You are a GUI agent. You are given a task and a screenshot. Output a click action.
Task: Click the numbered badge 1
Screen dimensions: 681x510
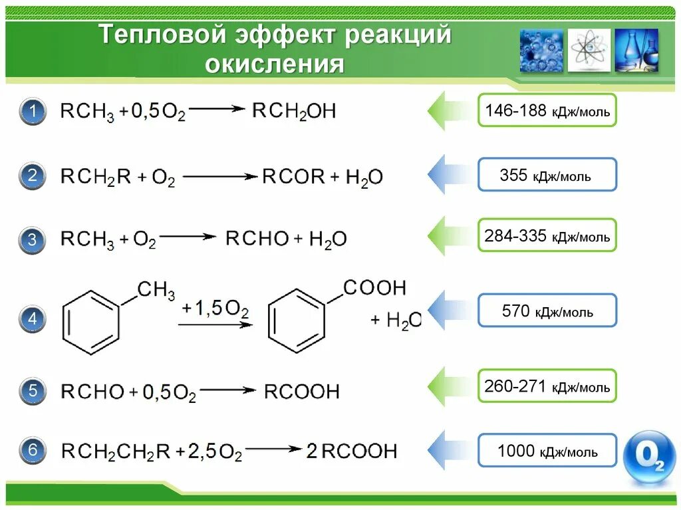(x=32, y=112)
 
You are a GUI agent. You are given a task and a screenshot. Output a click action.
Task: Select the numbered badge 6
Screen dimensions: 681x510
(x=32, y=451)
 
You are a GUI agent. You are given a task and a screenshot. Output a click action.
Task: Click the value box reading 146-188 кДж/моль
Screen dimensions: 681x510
(x=547, y=110)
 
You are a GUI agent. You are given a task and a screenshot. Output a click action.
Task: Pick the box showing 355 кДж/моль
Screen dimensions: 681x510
(x=547, y=175)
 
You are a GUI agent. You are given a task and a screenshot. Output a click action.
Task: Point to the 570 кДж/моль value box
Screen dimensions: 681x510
(x=547, y=311)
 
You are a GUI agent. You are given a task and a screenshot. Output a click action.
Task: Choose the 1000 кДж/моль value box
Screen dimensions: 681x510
(x=547, y=452)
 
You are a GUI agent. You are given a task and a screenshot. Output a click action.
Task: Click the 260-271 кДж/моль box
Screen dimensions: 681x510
(x=547, y=386)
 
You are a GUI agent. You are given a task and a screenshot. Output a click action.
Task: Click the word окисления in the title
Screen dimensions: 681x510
(x=275, y=65)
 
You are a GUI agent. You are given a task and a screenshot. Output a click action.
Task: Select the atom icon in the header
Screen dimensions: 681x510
(x=589, y=51)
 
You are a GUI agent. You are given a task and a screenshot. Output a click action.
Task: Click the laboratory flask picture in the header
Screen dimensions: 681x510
(x=636, y=51)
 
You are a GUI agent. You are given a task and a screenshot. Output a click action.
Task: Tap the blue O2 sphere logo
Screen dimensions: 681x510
(x=648, y=458)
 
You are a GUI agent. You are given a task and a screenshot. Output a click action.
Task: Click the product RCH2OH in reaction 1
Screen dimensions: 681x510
(x=294, y=110)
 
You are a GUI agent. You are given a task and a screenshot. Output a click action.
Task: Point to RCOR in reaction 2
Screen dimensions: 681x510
(x=293, y=177)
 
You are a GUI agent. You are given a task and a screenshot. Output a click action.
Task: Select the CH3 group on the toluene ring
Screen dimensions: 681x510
(x=156, y=291)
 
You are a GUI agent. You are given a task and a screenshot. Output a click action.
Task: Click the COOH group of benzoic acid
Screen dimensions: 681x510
(x=374, y=288)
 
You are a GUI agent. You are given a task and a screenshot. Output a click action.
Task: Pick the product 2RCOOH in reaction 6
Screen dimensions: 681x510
(x=351, y=451)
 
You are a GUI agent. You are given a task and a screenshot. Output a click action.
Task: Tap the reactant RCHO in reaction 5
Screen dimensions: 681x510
(x=92, y=392)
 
